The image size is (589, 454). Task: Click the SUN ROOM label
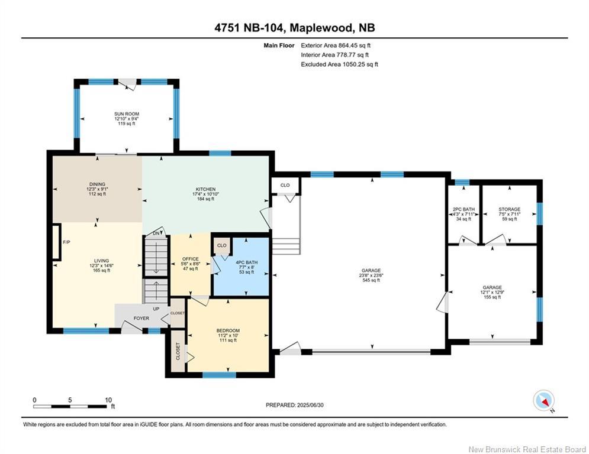[127, 113]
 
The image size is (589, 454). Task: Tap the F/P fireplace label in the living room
[66, 242]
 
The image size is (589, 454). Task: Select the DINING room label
[97, 184]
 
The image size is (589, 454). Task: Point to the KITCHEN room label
[206, 189]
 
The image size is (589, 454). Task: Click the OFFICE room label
[191, 259]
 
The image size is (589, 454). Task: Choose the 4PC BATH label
[247, 262]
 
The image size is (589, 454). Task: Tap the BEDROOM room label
[228, 330]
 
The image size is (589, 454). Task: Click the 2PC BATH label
[464, 209]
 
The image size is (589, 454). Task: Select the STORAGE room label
[509, 209]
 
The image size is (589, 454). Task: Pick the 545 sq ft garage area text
[371, 280]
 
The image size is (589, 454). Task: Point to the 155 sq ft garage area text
[493, 297]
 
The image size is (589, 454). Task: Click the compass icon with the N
[543, 400]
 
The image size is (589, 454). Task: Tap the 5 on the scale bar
[70, 400]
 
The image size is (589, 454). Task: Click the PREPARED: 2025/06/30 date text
[295, 405]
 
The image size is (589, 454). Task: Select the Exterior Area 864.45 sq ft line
[336, 46]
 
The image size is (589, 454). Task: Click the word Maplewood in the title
[321, 28]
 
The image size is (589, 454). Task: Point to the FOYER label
[141, 318]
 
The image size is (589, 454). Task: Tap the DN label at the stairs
[156, 234]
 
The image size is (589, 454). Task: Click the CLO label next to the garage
[285, 185]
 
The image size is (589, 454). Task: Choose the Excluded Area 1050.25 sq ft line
[340, 64]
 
